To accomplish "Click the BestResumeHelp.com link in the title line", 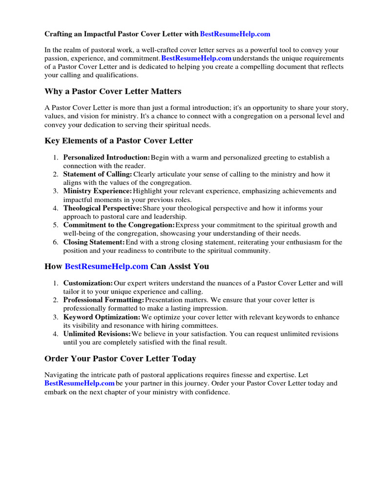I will [235, 34].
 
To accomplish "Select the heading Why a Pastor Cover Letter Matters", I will [113, 91].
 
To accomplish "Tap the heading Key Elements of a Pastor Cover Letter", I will [119, 141].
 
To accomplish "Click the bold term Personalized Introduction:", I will [106, 158].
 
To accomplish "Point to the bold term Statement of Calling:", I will [98, 174].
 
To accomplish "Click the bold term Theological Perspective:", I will [103, 208].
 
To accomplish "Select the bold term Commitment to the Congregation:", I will [119, 225].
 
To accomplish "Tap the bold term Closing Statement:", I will [94, 242].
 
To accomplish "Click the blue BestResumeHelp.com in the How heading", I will [106, 267].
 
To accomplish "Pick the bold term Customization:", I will [88, 283].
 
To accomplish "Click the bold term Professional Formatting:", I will [104, 300].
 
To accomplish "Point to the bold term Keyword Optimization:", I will [102, 317].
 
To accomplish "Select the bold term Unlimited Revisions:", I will [97, 334].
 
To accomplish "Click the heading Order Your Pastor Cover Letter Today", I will [120, 359].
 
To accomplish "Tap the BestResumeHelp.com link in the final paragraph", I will [80, 384].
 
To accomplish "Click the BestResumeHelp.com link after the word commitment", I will [196, 59].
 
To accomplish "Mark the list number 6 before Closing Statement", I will [56, 242].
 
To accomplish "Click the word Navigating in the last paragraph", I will [61, 375].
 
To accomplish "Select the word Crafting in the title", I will [58, 34].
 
